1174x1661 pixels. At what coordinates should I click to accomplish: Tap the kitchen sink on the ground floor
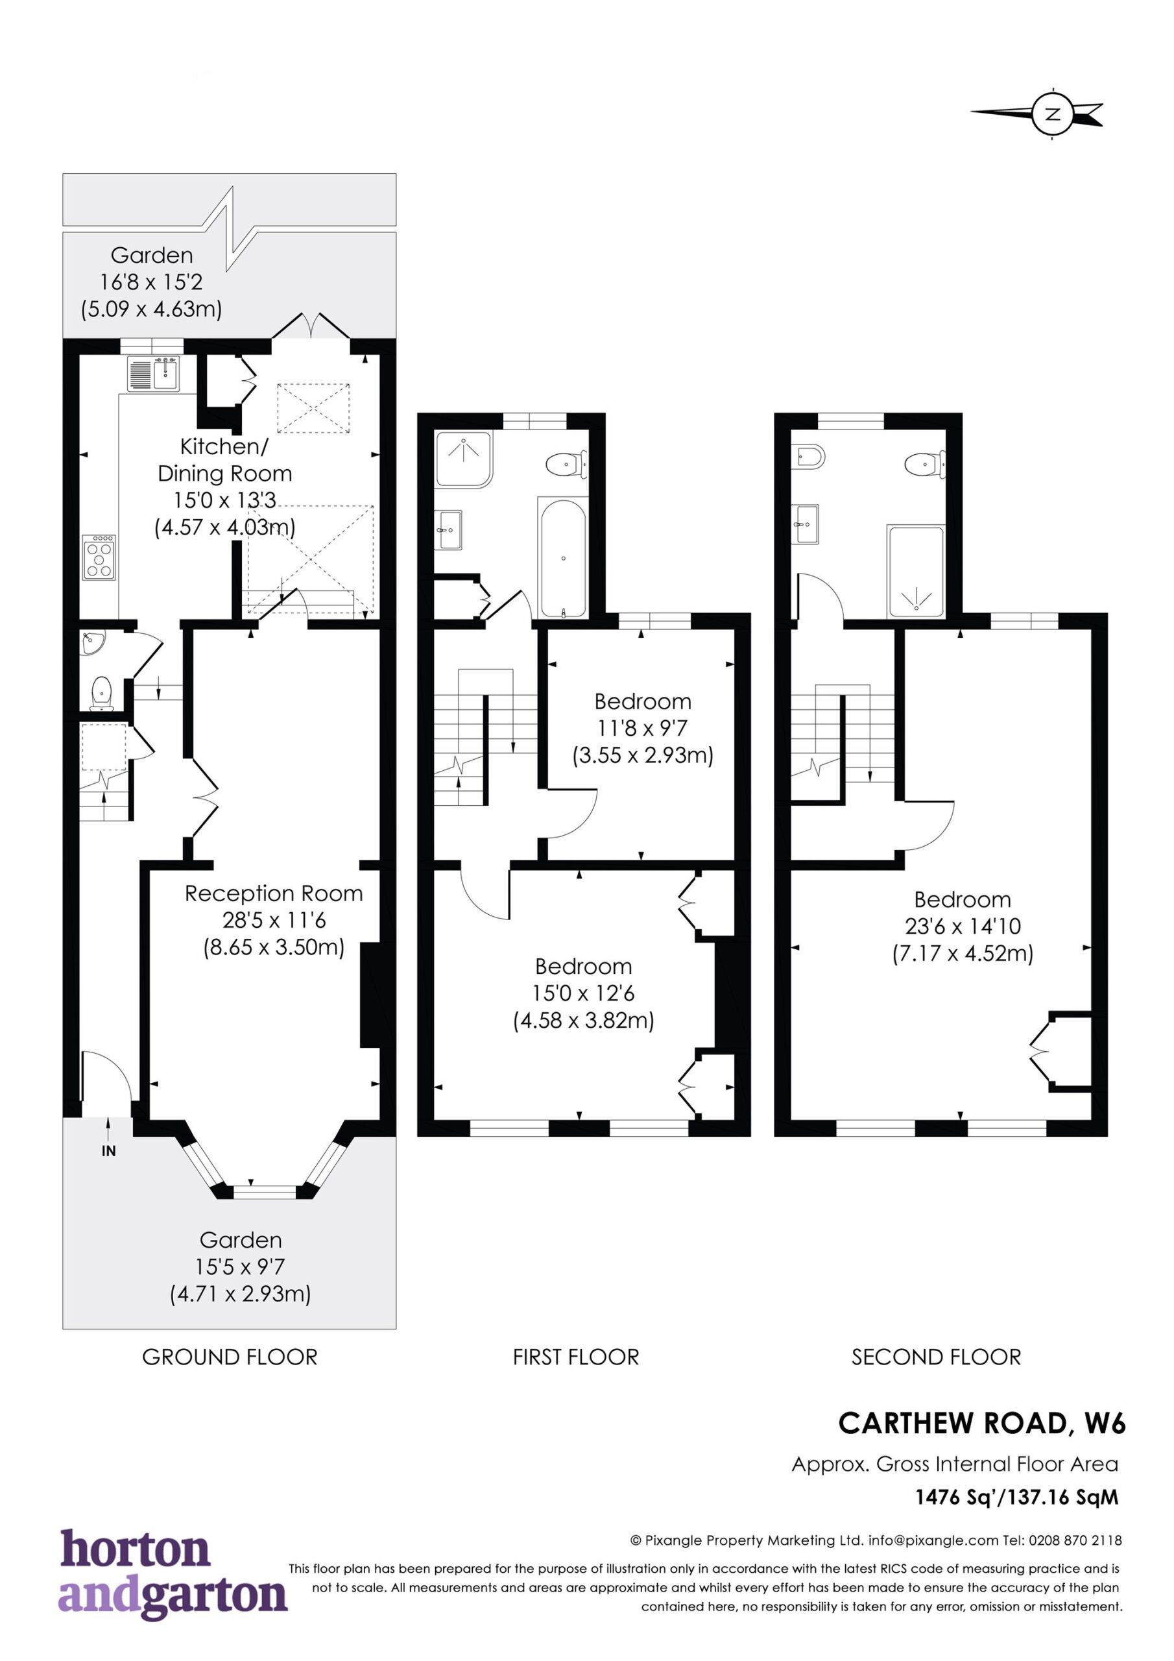(153, 374)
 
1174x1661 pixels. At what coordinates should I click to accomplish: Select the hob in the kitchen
(100, 557)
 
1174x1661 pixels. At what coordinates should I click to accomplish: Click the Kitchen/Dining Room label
(225, 487)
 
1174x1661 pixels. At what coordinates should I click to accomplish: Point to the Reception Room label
(274, 920)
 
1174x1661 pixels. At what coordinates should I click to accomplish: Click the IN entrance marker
(108, 1151)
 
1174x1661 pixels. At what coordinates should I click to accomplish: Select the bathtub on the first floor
(563, 557)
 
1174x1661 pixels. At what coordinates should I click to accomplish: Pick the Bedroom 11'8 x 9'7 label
(643, 729)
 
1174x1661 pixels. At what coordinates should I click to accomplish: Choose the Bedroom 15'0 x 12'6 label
(584, 993)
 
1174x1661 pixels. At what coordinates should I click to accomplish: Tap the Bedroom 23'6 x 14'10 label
(962, 927)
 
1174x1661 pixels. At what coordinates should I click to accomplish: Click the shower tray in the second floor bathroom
(916, 572)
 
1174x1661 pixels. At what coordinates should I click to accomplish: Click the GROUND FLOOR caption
(230, 1357)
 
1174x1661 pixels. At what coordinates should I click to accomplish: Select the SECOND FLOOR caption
(936, 1357)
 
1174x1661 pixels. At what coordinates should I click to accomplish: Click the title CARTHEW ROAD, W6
(982, 1424)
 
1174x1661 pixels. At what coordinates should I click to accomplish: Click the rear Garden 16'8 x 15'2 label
(151, 282)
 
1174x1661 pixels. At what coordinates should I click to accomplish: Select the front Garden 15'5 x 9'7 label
(241, 1267)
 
